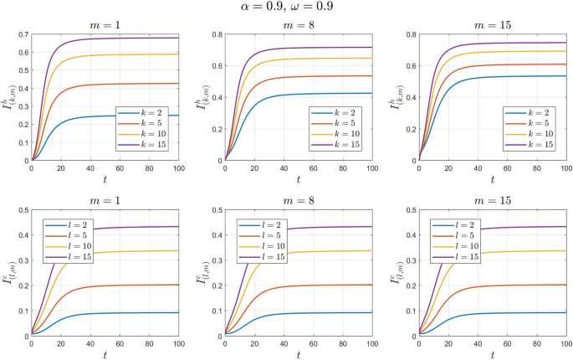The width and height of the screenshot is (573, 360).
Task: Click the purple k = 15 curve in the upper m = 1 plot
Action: tap(125, 39)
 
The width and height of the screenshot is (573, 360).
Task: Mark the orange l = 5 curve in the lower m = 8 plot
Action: tap(335, 285)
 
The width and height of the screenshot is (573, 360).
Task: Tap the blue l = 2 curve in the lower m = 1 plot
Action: tap(125, 313)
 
